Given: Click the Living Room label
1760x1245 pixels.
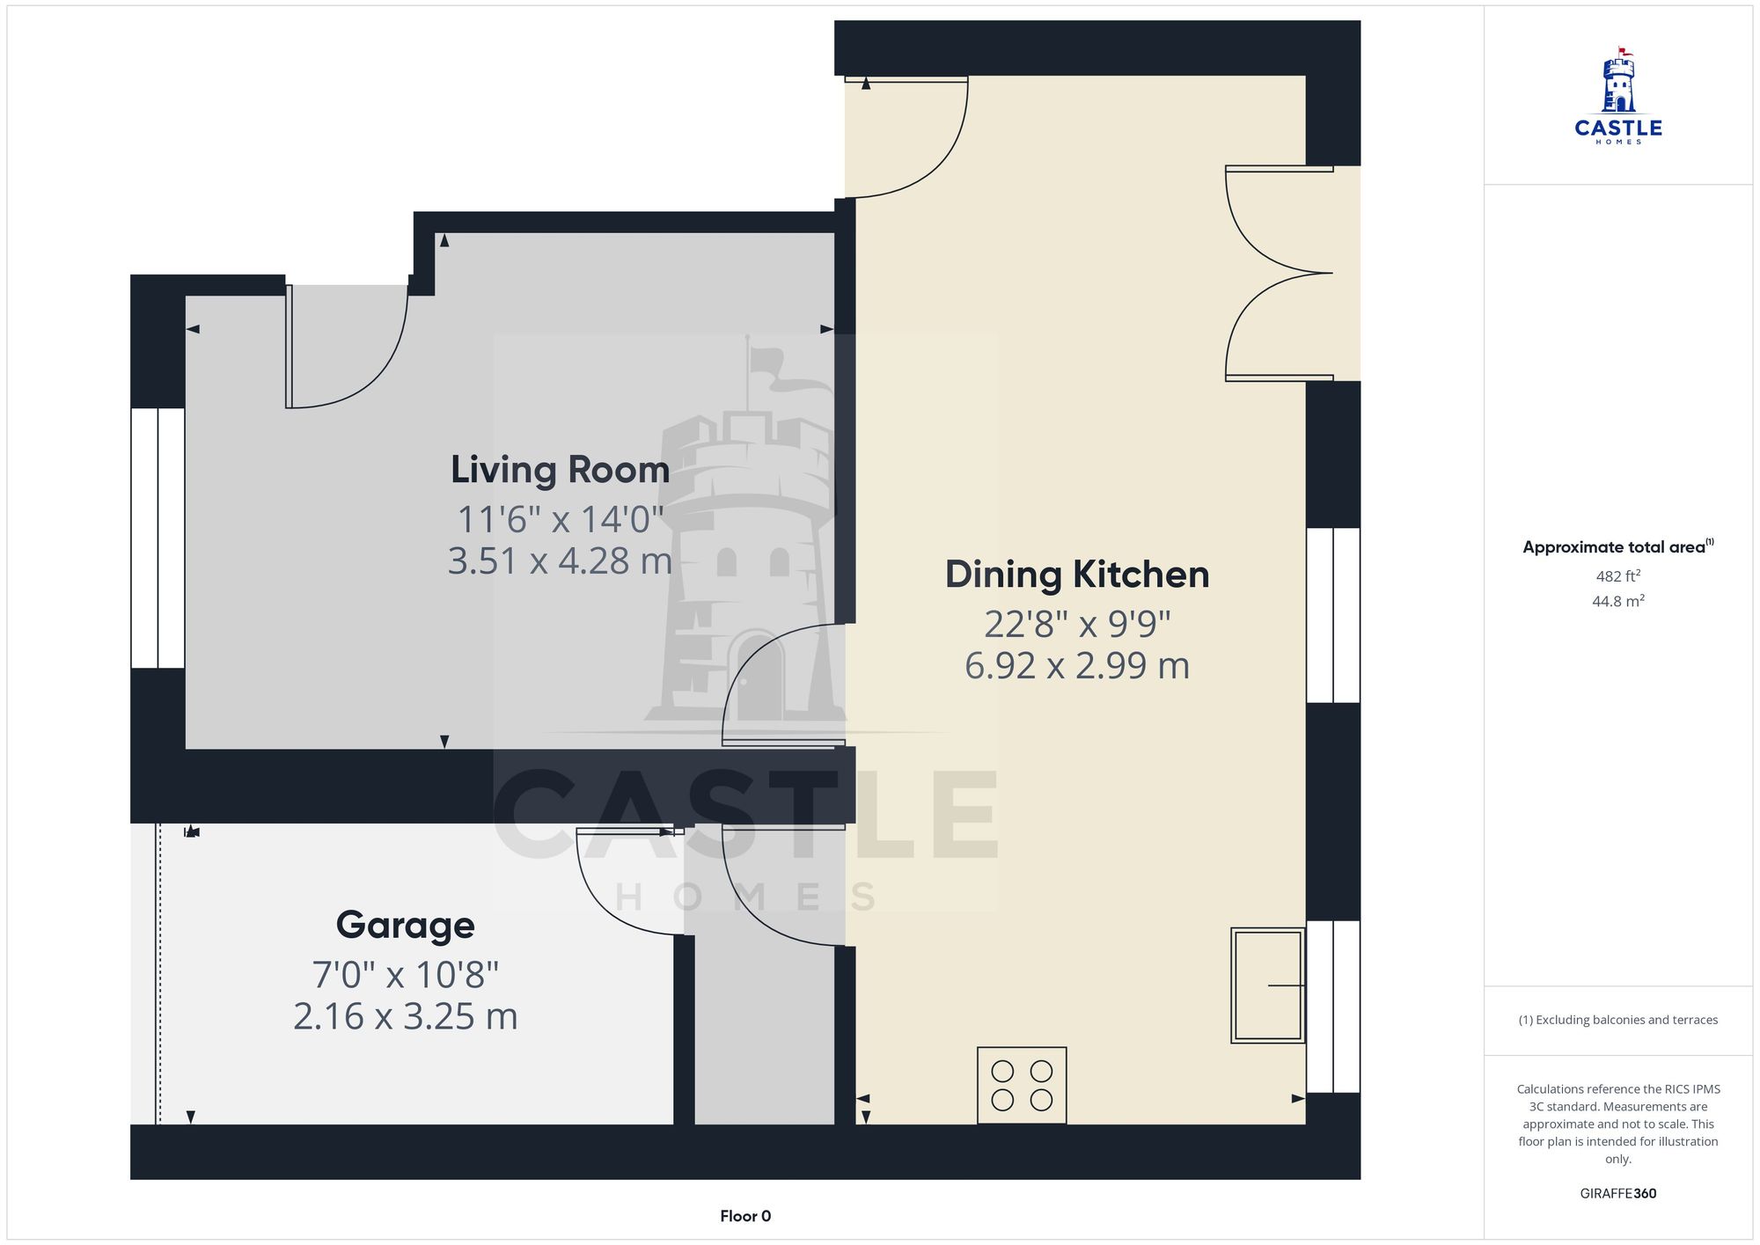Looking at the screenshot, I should [x=560, y=469].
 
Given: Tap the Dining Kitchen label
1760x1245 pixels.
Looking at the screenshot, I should [x=1076, y=575].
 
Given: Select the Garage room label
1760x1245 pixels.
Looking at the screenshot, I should [x=405, y=925].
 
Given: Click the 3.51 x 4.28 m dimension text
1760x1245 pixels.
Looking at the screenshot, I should [x=560, y=561].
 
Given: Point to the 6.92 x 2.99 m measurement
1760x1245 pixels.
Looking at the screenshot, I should [x=1076, y=666].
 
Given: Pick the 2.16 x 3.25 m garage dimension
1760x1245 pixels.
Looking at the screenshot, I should [x=405, y=1017].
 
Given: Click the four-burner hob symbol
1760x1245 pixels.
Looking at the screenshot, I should [x=1022, y=1085].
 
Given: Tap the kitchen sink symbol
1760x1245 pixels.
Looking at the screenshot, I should [x=1267, y=985].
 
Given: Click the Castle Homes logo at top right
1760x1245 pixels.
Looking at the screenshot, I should [x=1617, y=97].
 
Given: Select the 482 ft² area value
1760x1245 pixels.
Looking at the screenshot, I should [x=1617, y=576].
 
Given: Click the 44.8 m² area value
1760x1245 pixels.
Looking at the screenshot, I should [x=1617, y=602].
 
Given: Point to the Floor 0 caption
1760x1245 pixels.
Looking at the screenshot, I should [x=744, y=1216].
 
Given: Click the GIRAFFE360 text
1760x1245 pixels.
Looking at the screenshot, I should [x=1617, y=1194].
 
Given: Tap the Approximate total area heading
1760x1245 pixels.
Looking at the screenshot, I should [x=1617, y=546].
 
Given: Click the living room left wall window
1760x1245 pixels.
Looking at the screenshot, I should [x=158, y=538].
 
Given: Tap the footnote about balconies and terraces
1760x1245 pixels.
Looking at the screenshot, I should [x=1617, y=1020].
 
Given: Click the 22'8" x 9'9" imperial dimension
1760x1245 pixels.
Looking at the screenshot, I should [x=1076, y=625].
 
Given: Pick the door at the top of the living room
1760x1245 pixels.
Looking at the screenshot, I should [x=347, y=347].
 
